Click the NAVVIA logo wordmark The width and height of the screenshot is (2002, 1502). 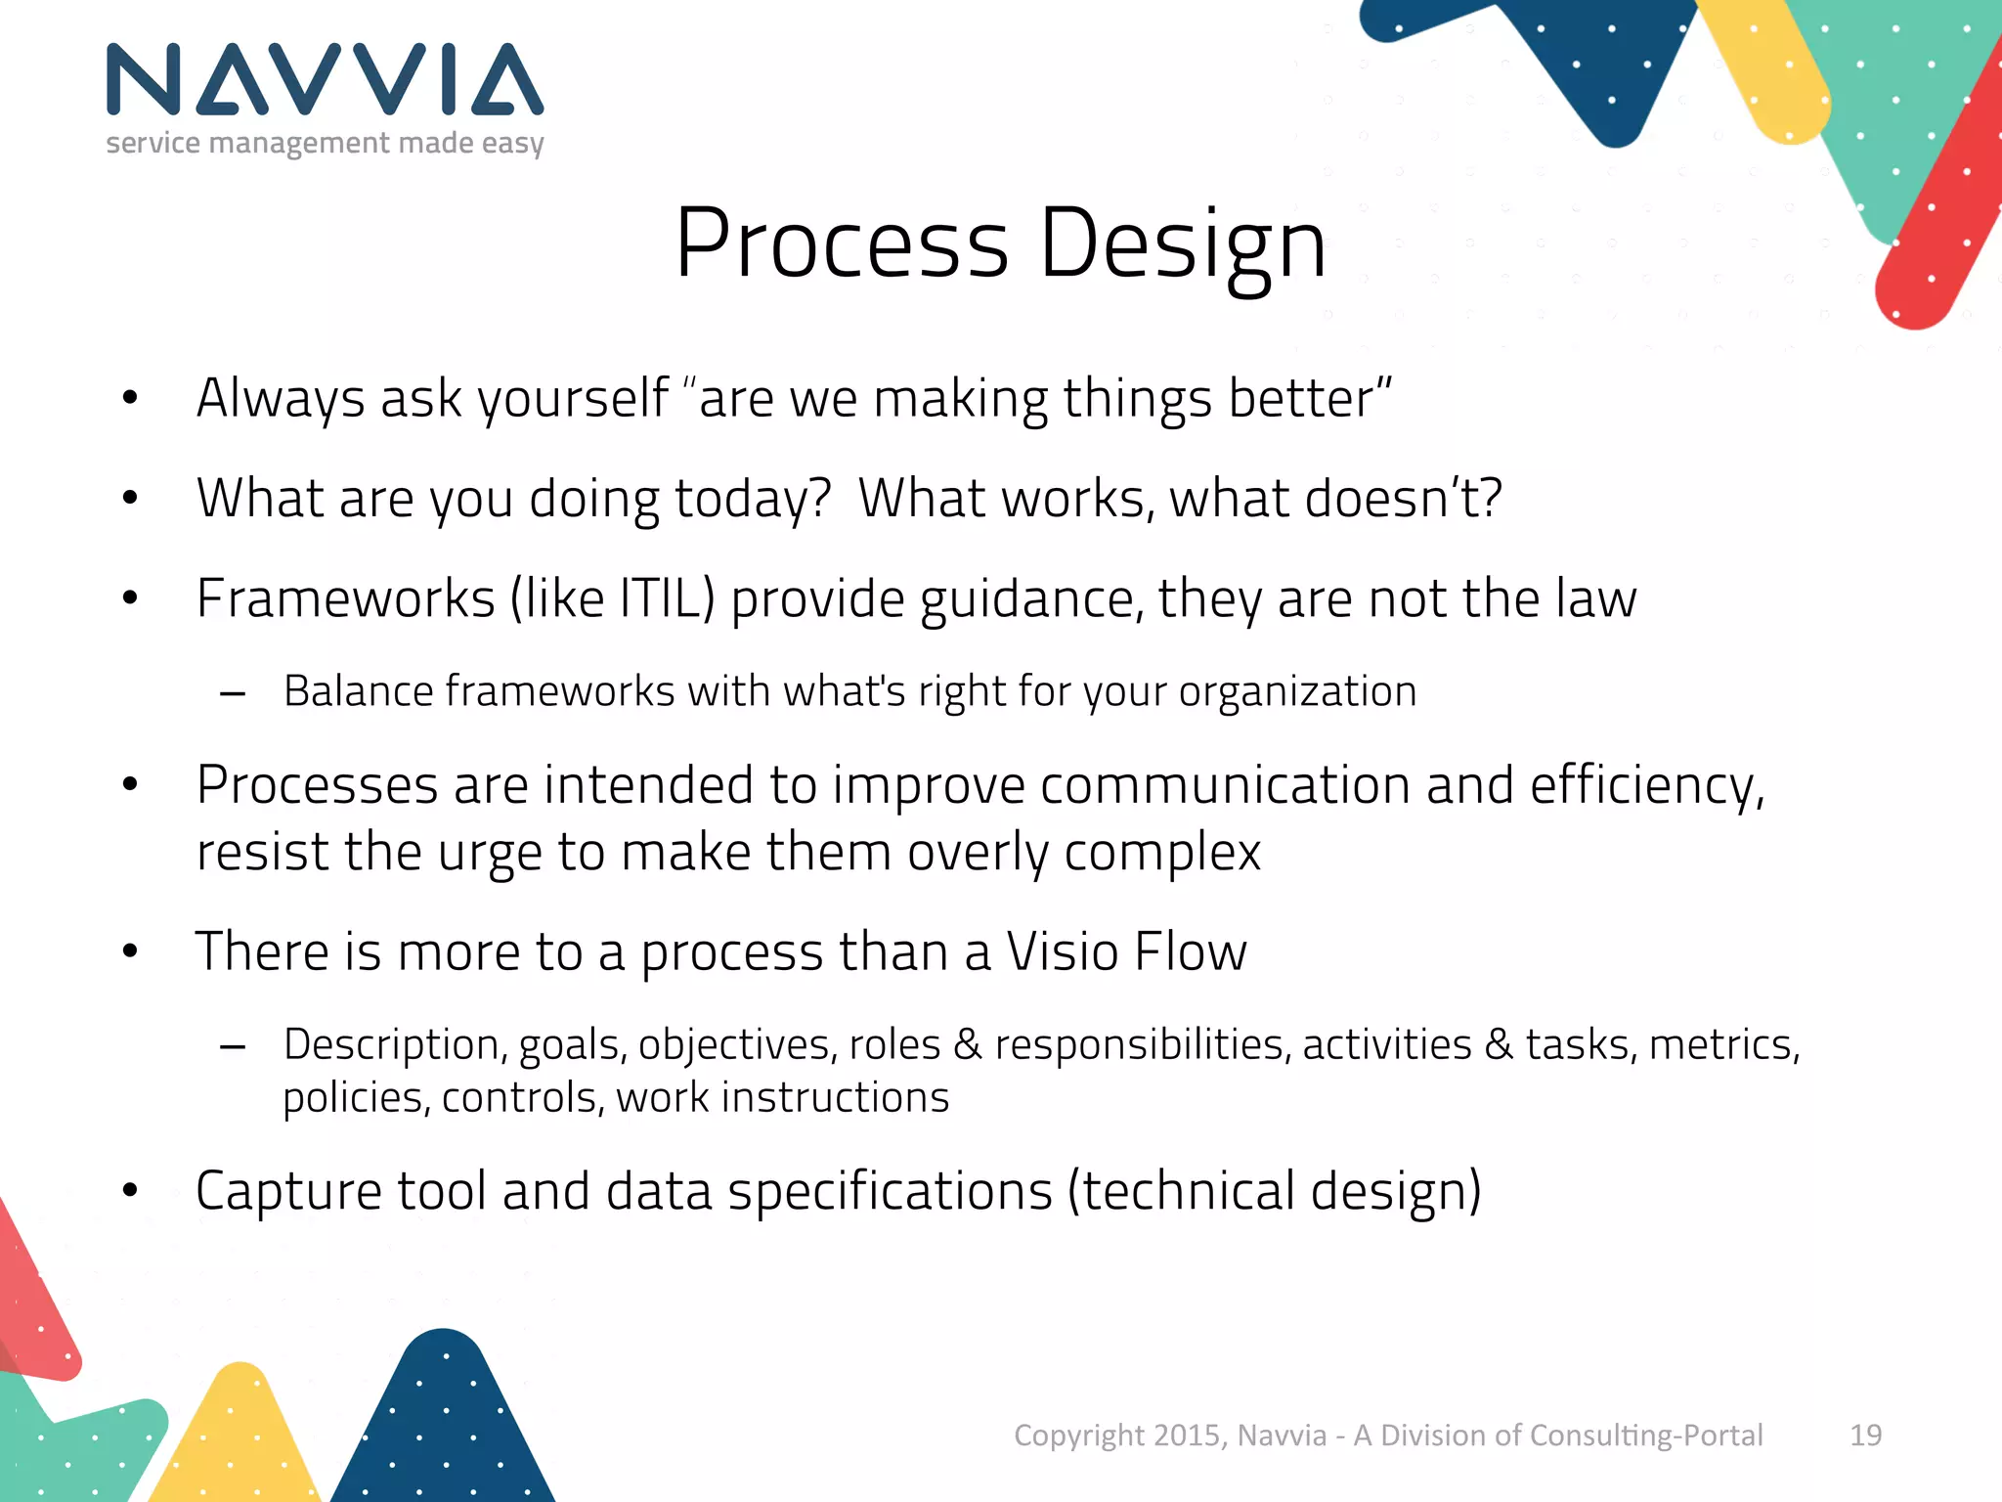325,80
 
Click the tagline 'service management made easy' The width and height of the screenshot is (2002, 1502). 325,144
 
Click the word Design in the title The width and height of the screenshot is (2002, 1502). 1182,244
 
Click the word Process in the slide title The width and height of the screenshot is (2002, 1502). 841,244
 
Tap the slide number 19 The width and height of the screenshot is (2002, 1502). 1865,1435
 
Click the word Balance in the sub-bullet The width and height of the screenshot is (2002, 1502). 359,691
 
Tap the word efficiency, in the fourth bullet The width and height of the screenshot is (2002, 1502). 1647,786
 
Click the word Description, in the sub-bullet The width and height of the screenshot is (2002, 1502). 395,1045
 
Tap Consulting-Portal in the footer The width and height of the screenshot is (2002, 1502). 1645,1435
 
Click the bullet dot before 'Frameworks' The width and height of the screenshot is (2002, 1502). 130,597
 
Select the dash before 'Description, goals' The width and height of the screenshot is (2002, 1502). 233,1047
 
